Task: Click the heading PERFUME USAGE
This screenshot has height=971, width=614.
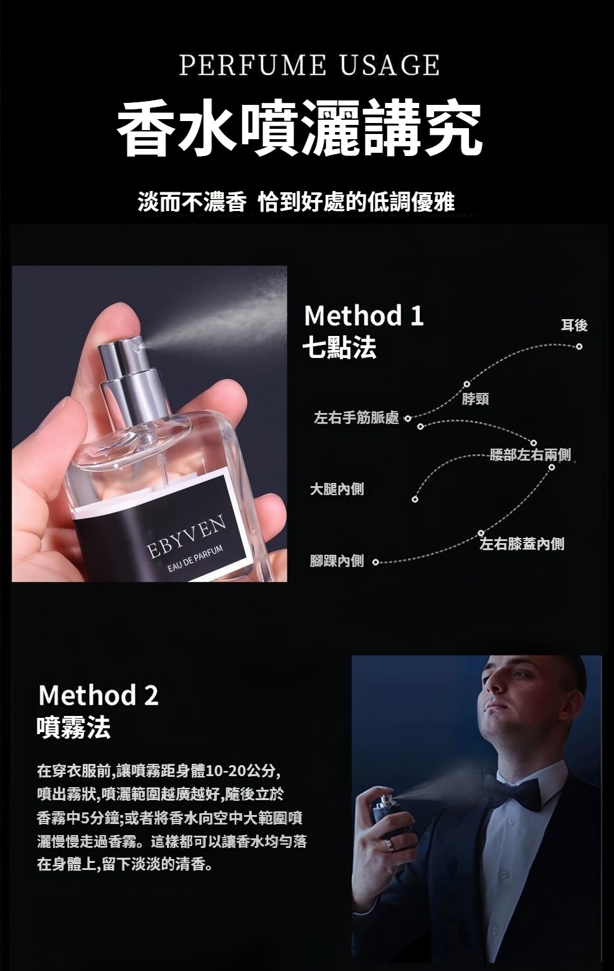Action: point(309,66)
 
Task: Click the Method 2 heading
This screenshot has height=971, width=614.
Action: point(99,695)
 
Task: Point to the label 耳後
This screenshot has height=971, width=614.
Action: point(574,325)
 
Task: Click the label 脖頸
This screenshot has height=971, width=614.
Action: point(476,399)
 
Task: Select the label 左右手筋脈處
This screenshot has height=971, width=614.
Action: point(356,418)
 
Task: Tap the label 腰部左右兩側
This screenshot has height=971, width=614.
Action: point(531,454)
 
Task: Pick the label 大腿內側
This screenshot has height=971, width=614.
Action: point(336,489)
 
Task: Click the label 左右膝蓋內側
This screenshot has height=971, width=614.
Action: point(521,544)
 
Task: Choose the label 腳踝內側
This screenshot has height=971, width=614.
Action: point(336,561)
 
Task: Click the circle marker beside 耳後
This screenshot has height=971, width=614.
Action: point(579,346)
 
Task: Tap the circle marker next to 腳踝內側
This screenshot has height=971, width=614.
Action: point(375,563)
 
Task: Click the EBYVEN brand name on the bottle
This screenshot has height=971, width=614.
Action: point(187,536)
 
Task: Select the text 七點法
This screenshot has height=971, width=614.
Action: point(339,348)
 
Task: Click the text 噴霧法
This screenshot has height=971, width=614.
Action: point(73,727)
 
